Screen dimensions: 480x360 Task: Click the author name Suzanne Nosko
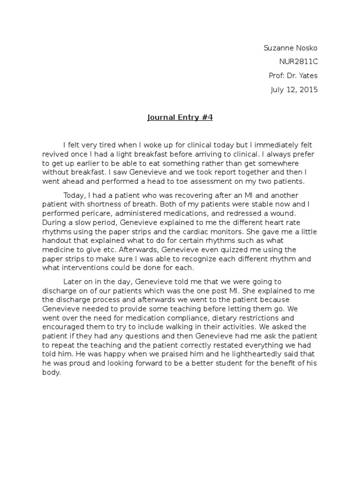(291, 48)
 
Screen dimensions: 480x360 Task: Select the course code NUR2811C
(298, 62)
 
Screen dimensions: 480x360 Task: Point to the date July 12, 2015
(294, 90)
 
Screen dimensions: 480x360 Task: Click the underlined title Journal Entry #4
(180, 118)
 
